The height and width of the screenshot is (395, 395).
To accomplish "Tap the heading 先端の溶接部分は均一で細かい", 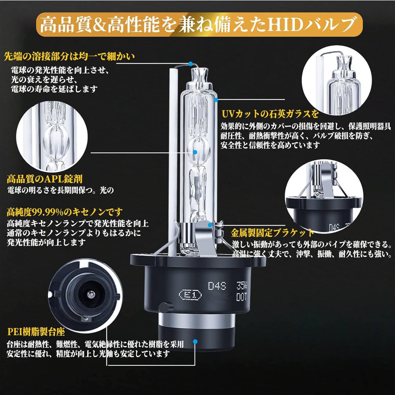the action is coord(70,57).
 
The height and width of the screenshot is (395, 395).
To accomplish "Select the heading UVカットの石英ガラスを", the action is coord(270,114).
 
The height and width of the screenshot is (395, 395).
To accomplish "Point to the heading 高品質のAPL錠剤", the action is coord(45,179).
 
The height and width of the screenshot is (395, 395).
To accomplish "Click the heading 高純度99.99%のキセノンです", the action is coord(65,212).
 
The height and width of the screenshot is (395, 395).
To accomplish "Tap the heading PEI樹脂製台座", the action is coord(36,332).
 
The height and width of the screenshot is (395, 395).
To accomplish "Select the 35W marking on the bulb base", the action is coord(242,285).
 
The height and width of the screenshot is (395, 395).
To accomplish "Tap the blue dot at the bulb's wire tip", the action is coord(191,64).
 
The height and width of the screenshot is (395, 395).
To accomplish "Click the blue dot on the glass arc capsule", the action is coord(195,152).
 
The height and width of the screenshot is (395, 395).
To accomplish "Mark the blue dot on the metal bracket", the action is coord(210,225).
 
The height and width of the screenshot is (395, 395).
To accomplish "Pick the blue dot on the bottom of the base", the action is coord(195,341).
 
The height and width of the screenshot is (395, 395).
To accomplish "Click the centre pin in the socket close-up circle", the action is coord(90,295).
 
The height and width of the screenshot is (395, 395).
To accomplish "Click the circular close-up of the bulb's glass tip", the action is coord(337,80).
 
